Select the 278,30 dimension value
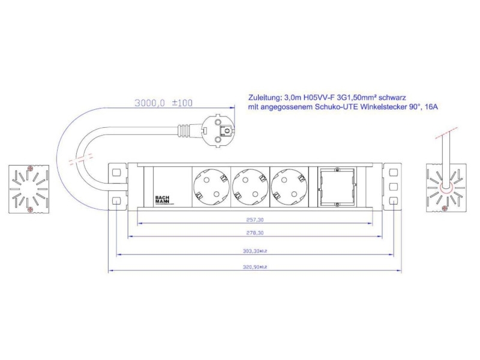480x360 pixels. coord(255,233)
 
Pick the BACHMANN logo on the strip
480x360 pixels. coord(163,199)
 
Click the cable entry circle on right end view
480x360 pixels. coord(445,187)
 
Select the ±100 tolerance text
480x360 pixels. coord(182,103)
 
